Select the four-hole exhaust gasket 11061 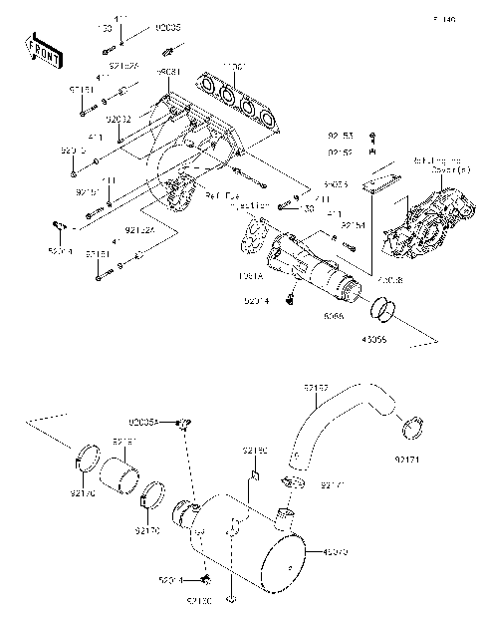pos(239,100)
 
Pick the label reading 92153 pos(341,133)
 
